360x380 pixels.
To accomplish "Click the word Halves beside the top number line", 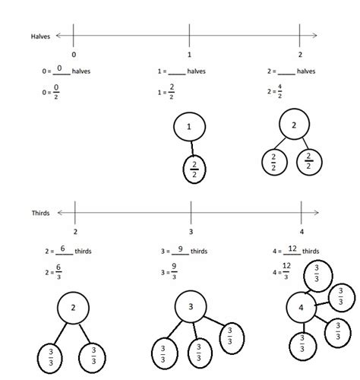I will [x=39, y=36].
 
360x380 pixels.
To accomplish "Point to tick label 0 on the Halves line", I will [x=74, y=55].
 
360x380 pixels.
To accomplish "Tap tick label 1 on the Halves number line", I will [x=188, y=55].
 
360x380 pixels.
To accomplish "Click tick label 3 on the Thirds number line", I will [x=190, y=231].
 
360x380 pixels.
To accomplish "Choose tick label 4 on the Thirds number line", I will [x=302, y=231].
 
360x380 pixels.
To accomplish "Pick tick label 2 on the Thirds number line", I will [x=75, y=231].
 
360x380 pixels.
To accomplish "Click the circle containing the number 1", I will [x=189, y=128].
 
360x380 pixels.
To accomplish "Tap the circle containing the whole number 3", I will [x=190, y=308].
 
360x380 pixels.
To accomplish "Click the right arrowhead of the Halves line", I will [x=314, y=36].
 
